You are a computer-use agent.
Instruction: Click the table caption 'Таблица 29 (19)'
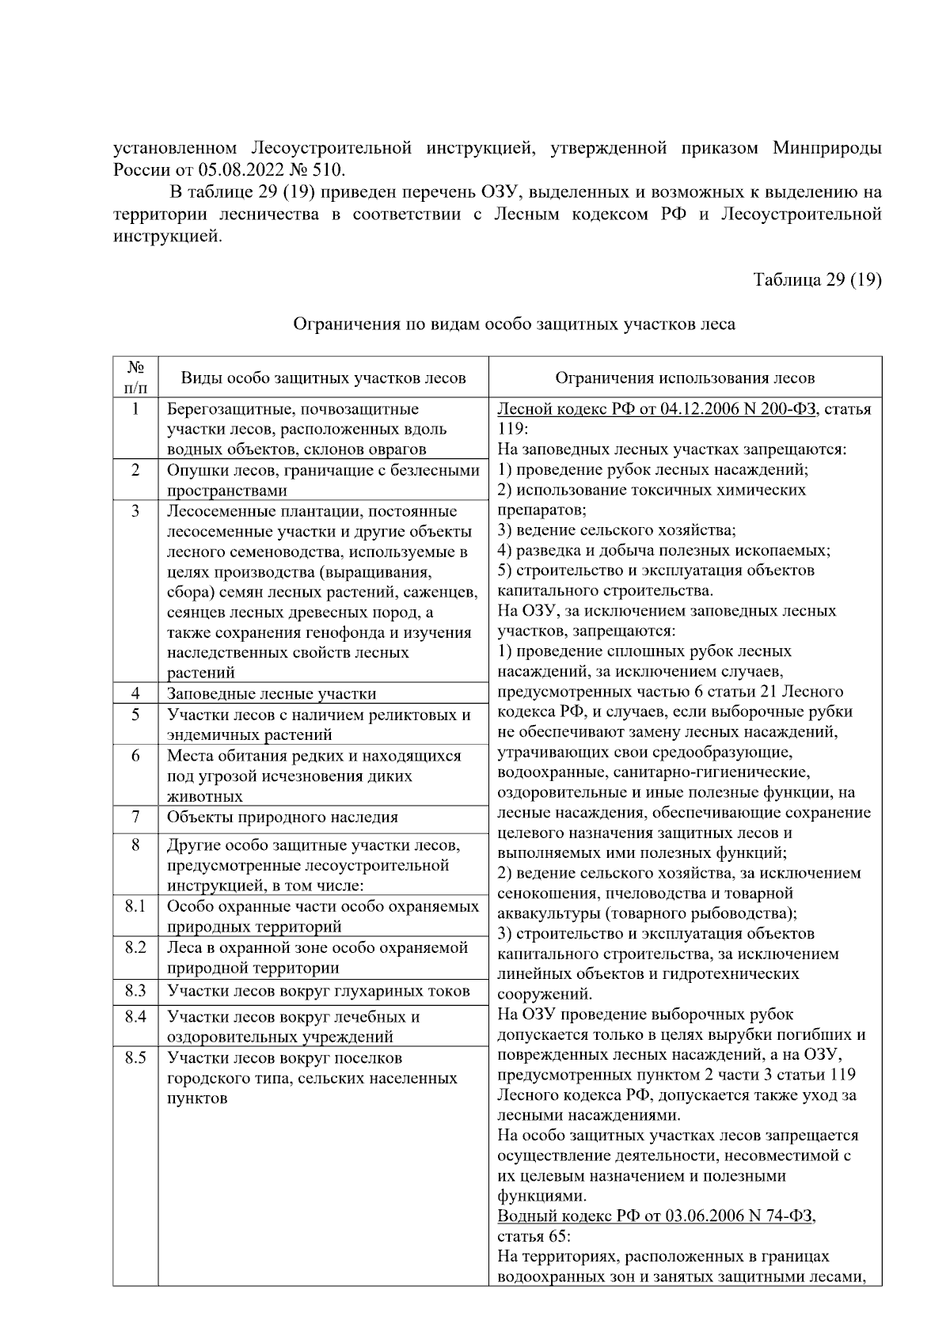(817, 280)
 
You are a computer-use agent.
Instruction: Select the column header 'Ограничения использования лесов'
(685, 378)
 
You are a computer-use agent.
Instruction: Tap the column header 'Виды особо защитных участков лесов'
(323, 378)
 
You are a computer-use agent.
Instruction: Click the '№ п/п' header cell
(135, 377)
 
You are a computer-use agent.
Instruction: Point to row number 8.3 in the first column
(135, 991)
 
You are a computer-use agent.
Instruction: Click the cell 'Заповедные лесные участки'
(272, 694)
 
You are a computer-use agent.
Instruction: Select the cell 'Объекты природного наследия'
(282, 817)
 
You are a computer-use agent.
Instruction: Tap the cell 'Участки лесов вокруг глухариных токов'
(318, 991)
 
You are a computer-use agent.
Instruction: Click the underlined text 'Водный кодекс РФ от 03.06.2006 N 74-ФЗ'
(656, 1216)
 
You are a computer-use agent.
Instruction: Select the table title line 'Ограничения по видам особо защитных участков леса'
(514, 324)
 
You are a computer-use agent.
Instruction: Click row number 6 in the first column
(135, 756)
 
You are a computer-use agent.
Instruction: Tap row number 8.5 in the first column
(135, 1057)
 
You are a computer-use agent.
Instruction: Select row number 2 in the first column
(135, 470)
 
